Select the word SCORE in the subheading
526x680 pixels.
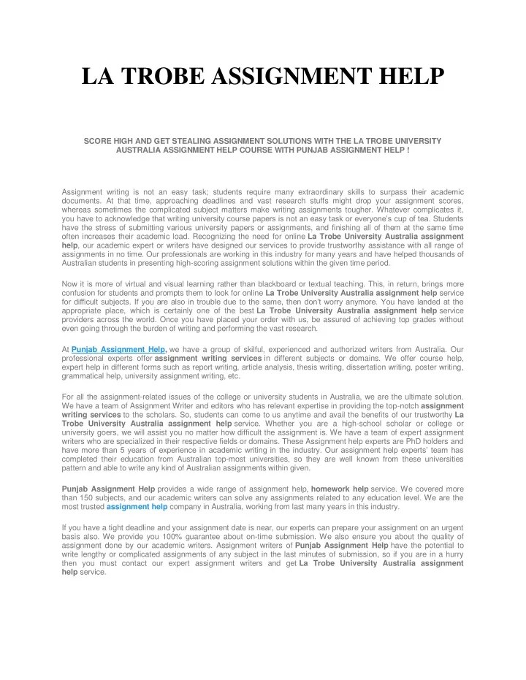pyautogui.click(x=99, y=140)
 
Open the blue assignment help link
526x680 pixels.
pyautogui.click(x=137, y=506)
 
